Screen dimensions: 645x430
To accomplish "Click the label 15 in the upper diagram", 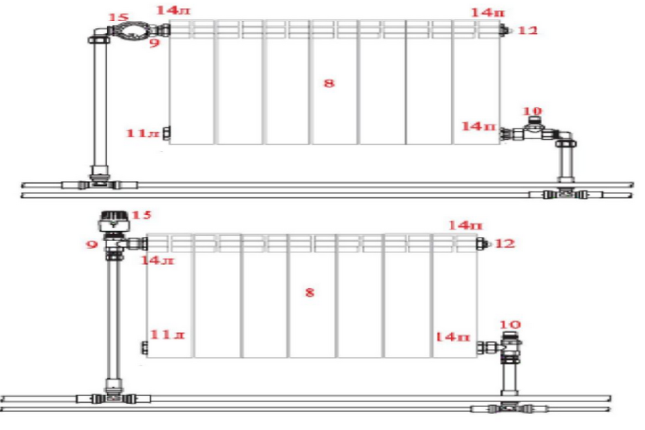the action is tap(118, 18).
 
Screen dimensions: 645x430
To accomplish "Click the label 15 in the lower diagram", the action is tap(142, 215).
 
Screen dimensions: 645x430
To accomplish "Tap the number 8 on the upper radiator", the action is tap(329, 83).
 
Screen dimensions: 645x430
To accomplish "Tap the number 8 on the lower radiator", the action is tap(310, 292).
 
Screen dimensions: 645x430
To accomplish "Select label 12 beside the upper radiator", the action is tap(528, 30).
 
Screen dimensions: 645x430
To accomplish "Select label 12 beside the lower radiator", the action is tap(505, 243).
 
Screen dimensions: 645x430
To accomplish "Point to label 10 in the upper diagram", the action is tap(533, 111).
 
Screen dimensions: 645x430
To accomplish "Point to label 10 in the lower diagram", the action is tap(510, 324).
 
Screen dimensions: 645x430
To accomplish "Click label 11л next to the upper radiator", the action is tap(143, 133).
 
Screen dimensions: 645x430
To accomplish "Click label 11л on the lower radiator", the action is tap(167, 335).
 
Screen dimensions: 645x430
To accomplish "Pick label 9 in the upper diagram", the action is tap(154, 42).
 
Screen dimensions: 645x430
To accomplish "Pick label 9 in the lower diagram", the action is tap(91, 245).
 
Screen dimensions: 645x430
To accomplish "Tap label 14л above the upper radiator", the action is tap(173, 10).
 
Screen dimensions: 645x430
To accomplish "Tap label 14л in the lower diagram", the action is tap(157, 260).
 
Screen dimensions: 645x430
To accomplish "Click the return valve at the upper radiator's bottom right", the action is tap(534, 131).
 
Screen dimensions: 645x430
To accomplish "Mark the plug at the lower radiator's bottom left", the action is tap(144, 348).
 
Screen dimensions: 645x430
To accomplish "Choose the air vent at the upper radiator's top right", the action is tap(504, 30).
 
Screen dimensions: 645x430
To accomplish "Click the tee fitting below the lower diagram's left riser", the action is tap(113, 398).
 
